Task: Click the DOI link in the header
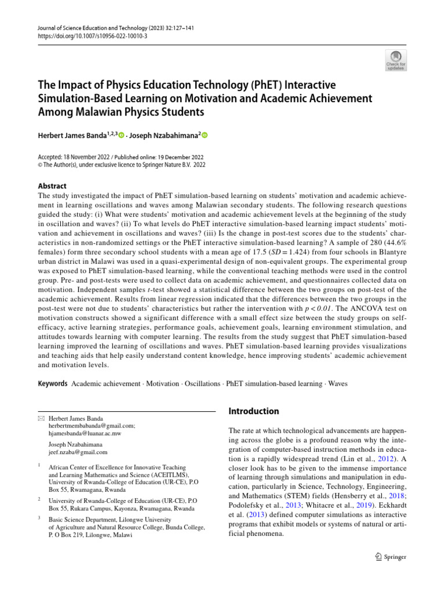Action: pos(85,35)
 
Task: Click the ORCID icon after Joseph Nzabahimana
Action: pos(205,135)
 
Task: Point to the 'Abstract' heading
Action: pos(52,186)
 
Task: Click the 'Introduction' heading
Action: pos(254,411)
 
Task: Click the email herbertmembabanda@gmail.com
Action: pos(92,425)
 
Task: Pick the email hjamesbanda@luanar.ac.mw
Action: pos(85,433)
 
